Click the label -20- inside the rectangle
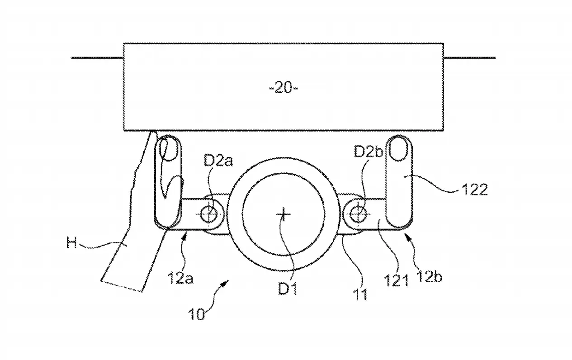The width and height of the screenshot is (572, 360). [284, 88]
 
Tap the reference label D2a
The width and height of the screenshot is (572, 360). [218, 161]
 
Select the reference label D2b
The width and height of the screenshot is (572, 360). [369, 152]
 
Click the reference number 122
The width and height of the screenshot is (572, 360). [475, 189]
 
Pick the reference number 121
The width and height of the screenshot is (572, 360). [396, 280]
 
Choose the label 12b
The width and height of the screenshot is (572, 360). [429, 276]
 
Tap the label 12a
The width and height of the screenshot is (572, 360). [180, 278]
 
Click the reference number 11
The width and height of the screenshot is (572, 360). [360, 294]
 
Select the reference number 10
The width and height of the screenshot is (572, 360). [196, 314]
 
